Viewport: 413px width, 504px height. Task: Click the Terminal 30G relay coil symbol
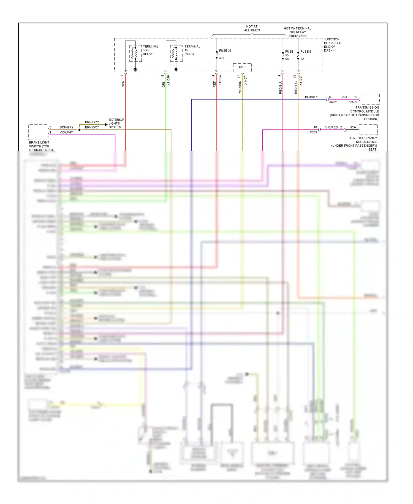(134, 53)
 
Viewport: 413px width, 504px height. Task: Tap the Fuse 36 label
(225, 51)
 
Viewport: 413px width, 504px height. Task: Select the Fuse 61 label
(306, 52)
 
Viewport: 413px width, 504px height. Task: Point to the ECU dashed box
(242, 67)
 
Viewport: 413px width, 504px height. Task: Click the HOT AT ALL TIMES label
(252, 28)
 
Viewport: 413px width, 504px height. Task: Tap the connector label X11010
(169, 80)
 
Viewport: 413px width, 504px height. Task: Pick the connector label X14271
(246, 79)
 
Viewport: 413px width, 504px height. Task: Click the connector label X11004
(220, 80)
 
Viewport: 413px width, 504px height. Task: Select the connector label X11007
(301, 80)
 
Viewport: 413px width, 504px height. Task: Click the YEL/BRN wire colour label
(240, 87)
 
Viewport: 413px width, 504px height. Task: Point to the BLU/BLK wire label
(311, 97)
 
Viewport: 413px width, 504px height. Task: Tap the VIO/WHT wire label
(66, 133)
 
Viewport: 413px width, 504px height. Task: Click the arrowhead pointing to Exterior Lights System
(106, 125)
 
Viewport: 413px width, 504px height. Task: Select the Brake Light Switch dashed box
(38, 132)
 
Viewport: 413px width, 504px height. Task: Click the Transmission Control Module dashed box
(370, 99)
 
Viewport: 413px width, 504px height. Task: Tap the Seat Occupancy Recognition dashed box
(368, 130)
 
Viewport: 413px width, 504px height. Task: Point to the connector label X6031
(333, 102)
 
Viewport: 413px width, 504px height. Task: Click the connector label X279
(313, 132)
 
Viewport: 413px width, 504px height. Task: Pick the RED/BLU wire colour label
(281, 87)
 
